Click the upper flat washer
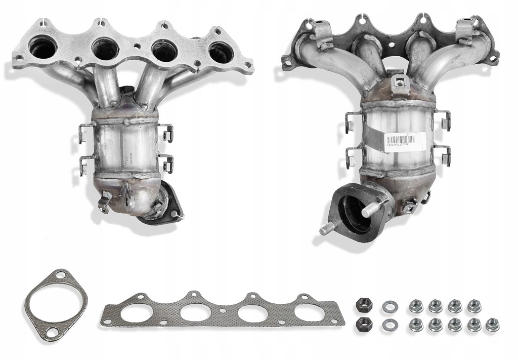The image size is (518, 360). click(x=389, y=306)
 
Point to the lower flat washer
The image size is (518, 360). click(x=389, y=324)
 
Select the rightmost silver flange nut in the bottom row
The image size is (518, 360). click(x=492, y=325)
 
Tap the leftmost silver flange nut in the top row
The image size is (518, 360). click(x=416, y=306)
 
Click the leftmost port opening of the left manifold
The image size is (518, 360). click(x=42, y=48)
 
